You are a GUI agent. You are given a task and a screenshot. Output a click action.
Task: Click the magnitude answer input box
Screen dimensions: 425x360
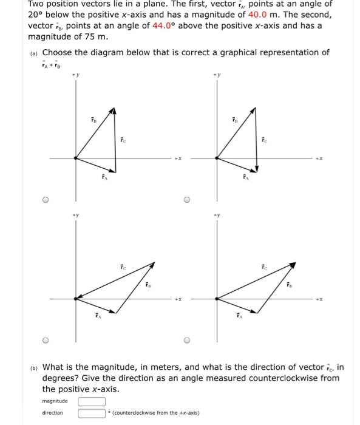coord(91,401)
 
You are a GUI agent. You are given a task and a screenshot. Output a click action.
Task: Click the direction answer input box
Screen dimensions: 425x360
coord(91,413)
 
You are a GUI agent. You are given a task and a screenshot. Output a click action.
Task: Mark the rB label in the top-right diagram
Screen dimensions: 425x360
coord(233,119)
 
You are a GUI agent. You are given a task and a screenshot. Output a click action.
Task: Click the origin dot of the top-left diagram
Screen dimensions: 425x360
coord(75,157)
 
